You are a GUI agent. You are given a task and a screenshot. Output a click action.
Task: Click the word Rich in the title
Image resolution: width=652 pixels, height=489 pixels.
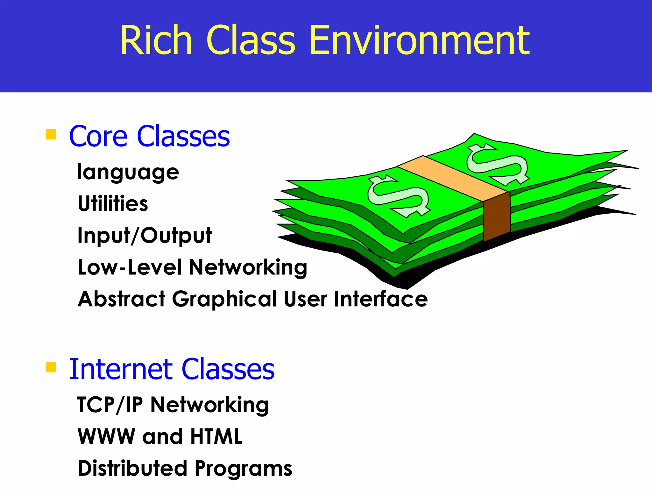(x=156, y=40)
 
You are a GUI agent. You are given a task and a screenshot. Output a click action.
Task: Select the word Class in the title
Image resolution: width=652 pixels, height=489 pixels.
(x=251, y=40)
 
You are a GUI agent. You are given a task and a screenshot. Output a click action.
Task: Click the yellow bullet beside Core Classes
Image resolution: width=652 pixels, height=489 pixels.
(x=51, y=134)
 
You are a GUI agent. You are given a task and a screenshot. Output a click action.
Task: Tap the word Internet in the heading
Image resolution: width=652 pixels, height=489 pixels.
(x=121, y=369)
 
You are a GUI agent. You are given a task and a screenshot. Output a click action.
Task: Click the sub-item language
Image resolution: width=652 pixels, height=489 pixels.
(x=128, y=172)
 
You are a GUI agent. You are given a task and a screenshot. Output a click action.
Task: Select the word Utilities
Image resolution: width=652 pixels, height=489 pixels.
(x=113, y=203)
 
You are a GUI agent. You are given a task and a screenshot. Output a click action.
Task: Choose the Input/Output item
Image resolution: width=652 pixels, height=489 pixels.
(x=145, y=236)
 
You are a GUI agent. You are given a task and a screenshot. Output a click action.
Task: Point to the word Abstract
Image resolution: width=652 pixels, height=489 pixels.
(x=121, y=299)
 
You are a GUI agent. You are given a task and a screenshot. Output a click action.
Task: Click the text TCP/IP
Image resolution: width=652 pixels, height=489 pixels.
(x=110, y=405)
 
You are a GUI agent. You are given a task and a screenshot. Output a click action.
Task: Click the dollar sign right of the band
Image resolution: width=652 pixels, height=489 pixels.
(x=497, y=164)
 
